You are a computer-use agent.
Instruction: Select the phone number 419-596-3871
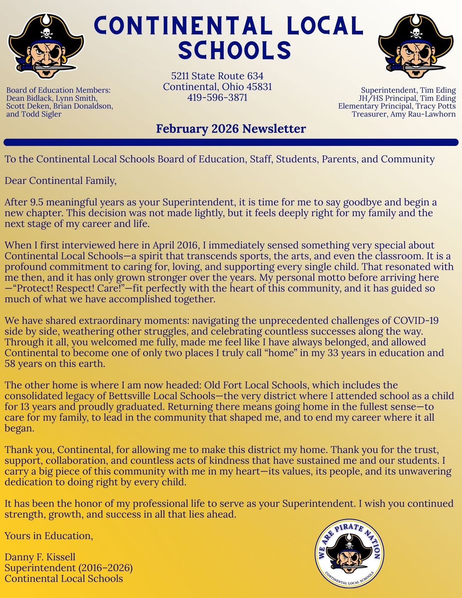tap(218, 97)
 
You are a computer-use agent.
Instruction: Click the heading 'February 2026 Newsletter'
tap(231, 129)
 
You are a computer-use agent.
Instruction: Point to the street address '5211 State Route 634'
tap(218, 76)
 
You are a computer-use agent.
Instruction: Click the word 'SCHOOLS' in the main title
tap(235, 50)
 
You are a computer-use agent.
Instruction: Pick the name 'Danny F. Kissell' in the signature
tap(40, 557)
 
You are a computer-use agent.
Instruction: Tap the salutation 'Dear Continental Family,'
tap(60, 181)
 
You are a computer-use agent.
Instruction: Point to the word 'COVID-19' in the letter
tap(416, 320)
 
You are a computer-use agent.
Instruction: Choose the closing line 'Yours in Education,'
tap(49, 536)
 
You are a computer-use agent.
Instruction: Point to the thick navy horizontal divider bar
tap(231, 142)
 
